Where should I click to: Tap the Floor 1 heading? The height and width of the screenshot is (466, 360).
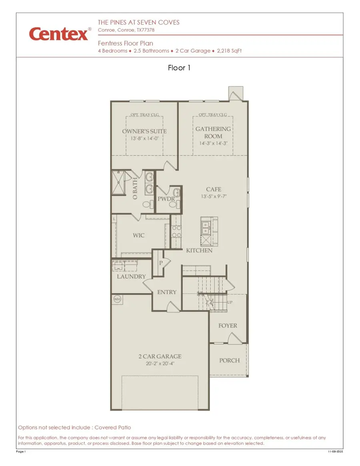coord(179,68)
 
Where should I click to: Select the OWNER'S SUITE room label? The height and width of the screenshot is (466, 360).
coord(144,131)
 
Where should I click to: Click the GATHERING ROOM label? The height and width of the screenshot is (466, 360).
coord(213,132)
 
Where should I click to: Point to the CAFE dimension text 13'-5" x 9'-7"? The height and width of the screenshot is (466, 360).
coord(214,197)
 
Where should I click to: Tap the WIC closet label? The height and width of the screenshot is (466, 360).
coord(139,235)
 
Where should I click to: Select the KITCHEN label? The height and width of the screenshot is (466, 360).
coord(199,251)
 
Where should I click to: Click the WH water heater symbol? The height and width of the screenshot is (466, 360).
coord(117,299)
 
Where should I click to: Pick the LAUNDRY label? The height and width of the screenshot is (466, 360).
coord(131,277)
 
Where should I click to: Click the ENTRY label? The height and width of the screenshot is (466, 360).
coord(166,292)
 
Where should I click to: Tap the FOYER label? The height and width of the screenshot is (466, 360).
coord(228,326)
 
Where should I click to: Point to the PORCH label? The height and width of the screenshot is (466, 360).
coord(229,360)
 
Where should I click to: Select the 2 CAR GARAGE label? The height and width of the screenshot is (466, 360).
coord(160,356)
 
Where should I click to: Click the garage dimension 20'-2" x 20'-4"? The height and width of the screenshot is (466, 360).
coord(160,364)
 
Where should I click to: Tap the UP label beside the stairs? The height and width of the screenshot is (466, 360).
coord(230,303)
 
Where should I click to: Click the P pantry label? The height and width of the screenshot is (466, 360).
coord(161,263)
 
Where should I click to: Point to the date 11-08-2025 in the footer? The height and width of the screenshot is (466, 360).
coord(335,452)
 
